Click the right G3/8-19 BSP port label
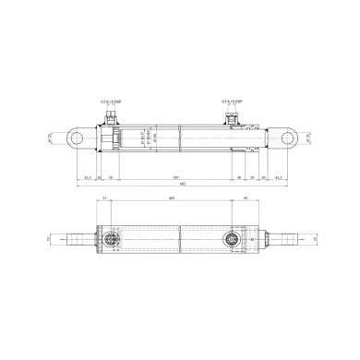(232, 102)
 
